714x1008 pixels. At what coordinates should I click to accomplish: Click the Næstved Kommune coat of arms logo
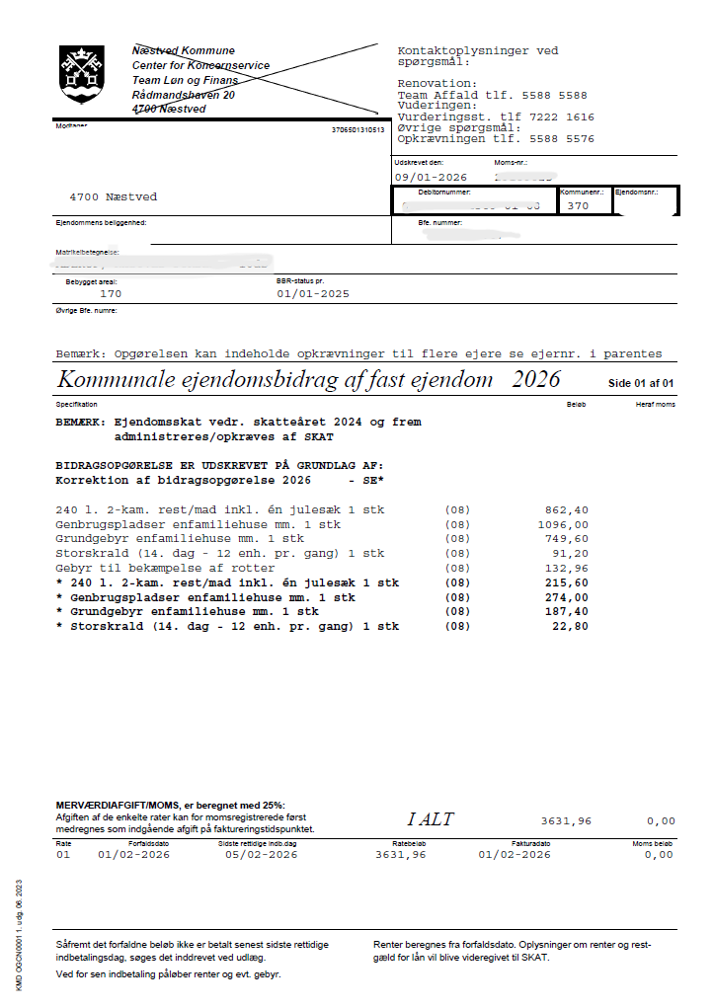[81, 73]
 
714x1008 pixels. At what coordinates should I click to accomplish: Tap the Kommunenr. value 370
[578, 206]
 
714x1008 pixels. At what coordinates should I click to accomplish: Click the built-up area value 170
[111, 293]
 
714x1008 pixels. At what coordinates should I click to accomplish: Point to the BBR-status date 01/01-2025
[313, 293]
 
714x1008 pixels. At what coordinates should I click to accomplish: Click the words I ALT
[431, 819]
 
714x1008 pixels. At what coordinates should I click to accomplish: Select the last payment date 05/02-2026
[261, 855]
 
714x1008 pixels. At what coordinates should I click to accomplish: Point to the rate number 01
[63, 855]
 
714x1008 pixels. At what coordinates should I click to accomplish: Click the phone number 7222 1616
[560, 116]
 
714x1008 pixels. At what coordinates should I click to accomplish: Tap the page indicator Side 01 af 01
[641, 383]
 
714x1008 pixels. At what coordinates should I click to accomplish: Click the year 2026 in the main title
[535, 380]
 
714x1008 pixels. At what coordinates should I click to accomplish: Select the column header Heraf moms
[657, 405]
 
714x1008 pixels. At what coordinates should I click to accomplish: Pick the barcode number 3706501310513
[357, 129]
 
